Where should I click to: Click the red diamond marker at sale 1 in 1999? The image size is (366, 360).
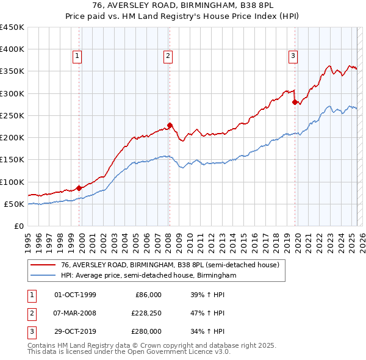[79, 188]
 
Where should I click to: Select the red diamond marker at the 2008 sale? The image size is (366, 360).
[170, 125]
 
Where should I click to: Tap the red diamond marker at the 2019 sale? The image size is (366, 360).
[295, 103]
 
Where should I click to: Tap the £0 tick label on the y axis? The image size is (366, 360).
[20, 226]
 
